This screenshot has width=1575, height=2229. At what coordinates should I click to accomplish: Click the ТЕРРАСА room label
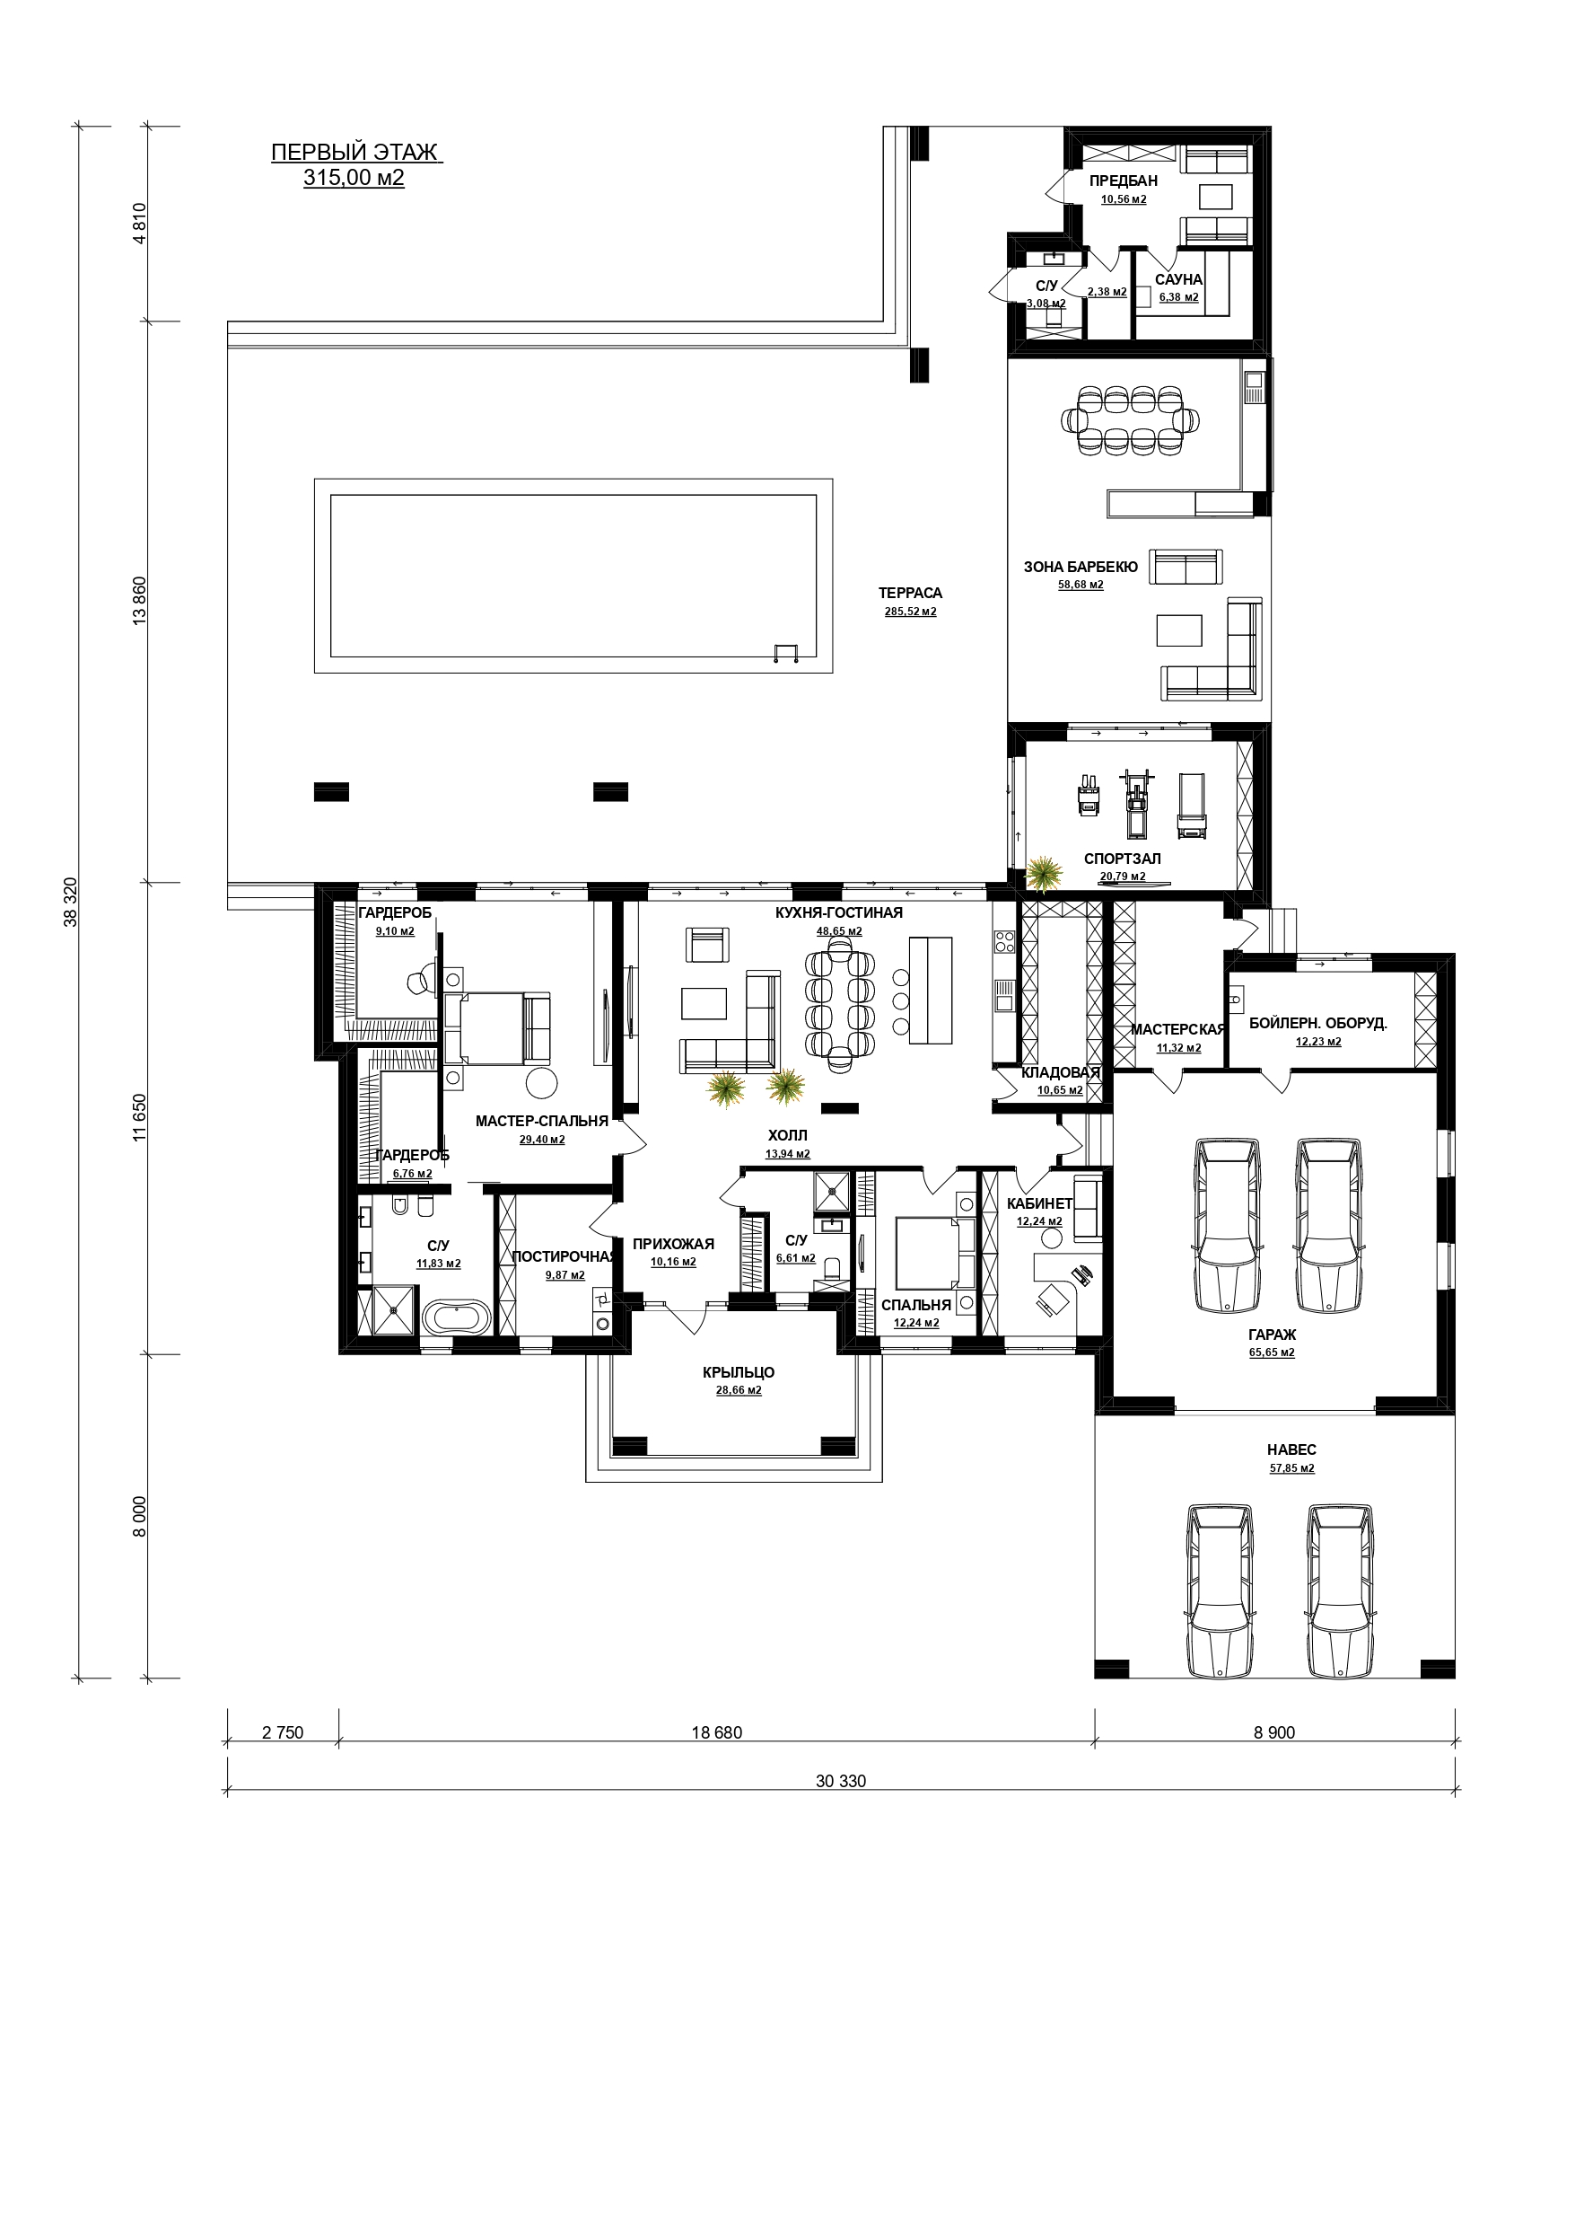[x=910, y=593]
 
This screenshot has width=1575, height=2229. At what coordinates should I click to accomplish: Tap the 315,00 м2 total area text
[x=354, y=178]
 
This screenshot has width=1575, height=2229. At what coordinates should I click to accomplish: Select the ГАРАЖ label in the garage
[x=1273, y=1335]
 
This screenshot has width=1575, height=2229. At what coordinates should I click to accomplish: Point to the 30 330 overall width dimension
[x=840, y=1782]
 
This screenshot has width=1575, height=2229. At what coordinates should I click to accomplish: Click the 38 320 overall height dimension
[x=70, y=903]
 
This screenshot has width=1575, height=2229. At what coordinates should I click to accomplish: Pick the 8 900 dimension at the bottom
[x=1274, y=1733]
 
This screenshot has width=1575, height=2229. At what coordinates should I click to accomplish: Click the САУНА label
[x=1178, y=280]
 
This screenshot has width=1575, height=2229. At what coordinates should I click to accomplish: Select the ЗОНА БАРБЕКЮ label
[x=1081, y=567]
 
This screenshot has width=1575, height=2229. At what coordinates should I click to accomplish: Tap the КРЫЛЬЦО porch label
[x=739, y=1373]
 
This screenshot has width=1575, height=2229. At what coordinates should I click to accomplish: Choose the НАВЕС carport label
[x=1291, y=1449]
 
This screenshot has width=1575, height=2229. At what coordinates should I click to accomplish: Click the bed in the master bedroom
[x=497, y=1027]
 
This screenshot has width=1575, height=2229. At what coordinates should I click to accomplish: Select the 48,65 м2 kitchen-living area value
[x=839, y=931]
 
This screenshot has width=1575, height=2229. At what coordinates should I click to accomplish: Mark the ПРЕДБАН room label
[x=1123, y=181]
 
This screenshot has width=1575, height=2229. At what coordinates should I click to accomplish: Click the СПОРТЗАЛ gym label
[x=1122, y=859]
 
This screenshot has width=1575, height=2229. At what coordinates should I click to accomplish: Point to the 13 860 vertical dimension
[x=139, y=602]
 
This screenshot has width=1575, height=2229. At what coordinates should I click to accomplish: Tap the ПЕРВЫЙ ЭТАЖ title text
[x=354, y=153]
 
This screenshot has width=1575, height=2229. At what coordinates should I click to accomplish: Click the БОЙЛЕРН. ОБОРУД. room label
[x=1317, y=1023]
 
